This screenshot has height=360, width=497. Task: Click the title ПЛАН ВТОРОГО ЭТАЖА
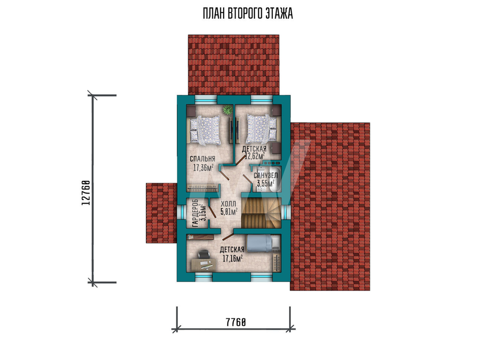[248, 14]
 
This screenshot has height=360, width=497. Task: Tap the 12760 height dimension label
[86, 193]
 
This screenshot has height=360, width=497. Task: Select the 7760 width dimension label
[236, 322]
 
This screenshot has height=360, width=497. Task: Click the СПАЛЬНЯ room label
[203, 159]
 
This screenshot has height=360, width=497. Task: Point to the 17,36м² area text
[203, 167]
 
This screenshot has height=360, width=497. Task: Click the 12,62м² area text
[255, 156]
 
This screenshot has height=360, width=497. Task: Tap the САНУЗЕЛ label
[265, 175]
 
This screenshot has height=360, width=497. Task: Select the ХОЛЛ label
[228, 204]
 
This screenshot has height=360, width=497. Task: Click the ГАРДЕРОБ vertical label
[195, 213]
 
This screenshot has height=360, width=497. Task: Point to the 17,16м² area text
[233, 258]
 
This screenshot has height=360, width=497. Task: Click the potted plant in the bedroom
[227, 110]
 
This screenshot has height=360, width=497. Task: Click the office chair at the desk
[203, 255]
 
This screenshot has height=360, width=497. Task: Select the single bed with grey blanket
[264, 243]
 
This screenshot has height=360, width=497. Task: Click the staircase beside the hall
[261, 213]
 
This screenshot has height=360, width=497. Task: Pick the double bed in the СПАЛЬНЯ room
[205, 130]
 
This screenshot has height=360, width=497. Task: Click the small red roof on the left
[162, 213]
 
